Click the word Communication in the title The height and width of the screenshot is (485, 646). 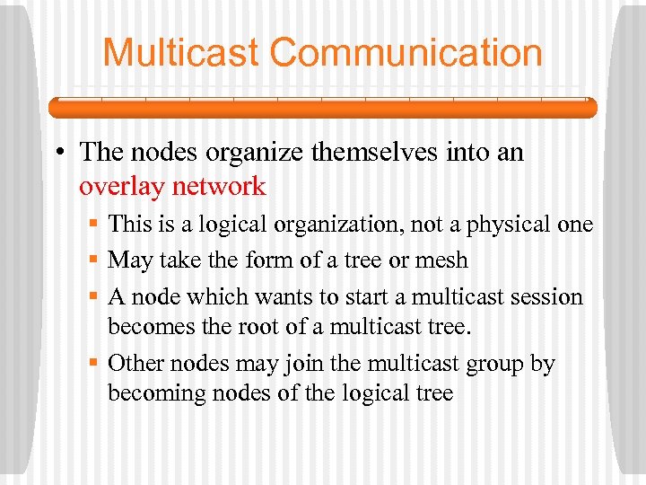tap(406, 52)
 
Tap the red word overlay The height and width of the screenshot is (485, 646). tap(122, 187)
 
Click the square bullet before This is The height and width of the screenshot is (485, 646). tap(93, 225)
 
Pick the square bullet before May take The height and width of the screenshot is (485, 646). tap(93, 260)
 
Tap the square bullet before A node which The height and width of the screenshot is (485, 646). tap(93, 297)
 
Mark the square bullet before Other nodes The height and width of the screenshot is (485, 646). tap(93, 364)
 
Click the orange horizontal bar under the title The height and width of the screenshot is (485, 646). tap(322, 108)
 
